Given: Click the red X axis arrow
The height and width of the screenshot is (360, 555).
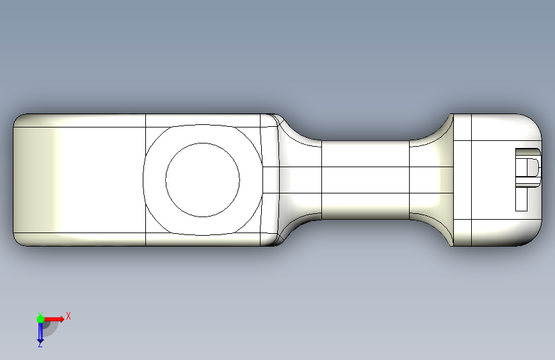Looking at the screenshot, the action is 53,319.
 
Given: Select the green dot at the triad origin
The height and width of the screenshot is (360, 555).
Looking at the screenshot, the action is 40,319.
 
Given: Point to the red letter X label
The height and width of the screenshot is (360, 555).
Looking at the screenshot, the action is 68,316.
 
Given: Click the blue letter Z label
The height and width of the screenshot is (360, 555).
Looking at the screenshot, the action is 40,344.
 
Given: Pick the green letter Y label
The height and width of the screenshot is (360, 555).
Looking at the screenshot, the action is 40,314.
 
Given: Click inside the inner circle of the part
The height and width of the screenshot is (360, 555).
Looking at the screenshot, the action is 202,180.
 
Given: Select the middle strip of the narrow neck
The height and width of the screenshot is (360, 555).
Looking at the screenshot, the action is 366,180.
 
